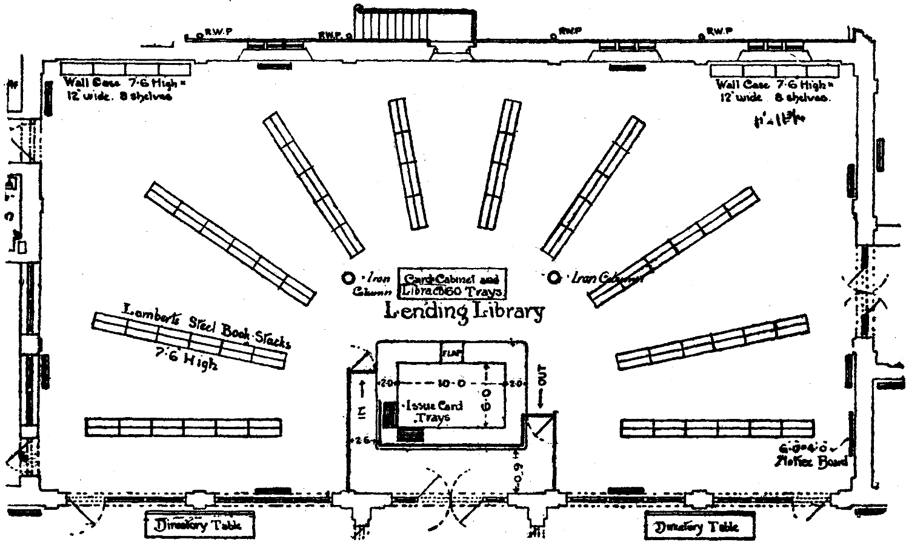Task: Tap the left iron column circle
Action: pyautogui.click(x=348, y=278)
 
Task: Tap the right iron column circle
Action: pyautogui.click(x=553, y=277)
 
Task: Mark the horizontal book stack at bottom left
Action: pyautogui.click(x=183, y=427)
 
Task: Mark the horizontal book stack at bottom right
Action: pyautogui.click(x=718, y=427)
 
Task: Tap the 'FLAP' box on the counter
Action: pyautogui.click(x=452, y=352)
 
